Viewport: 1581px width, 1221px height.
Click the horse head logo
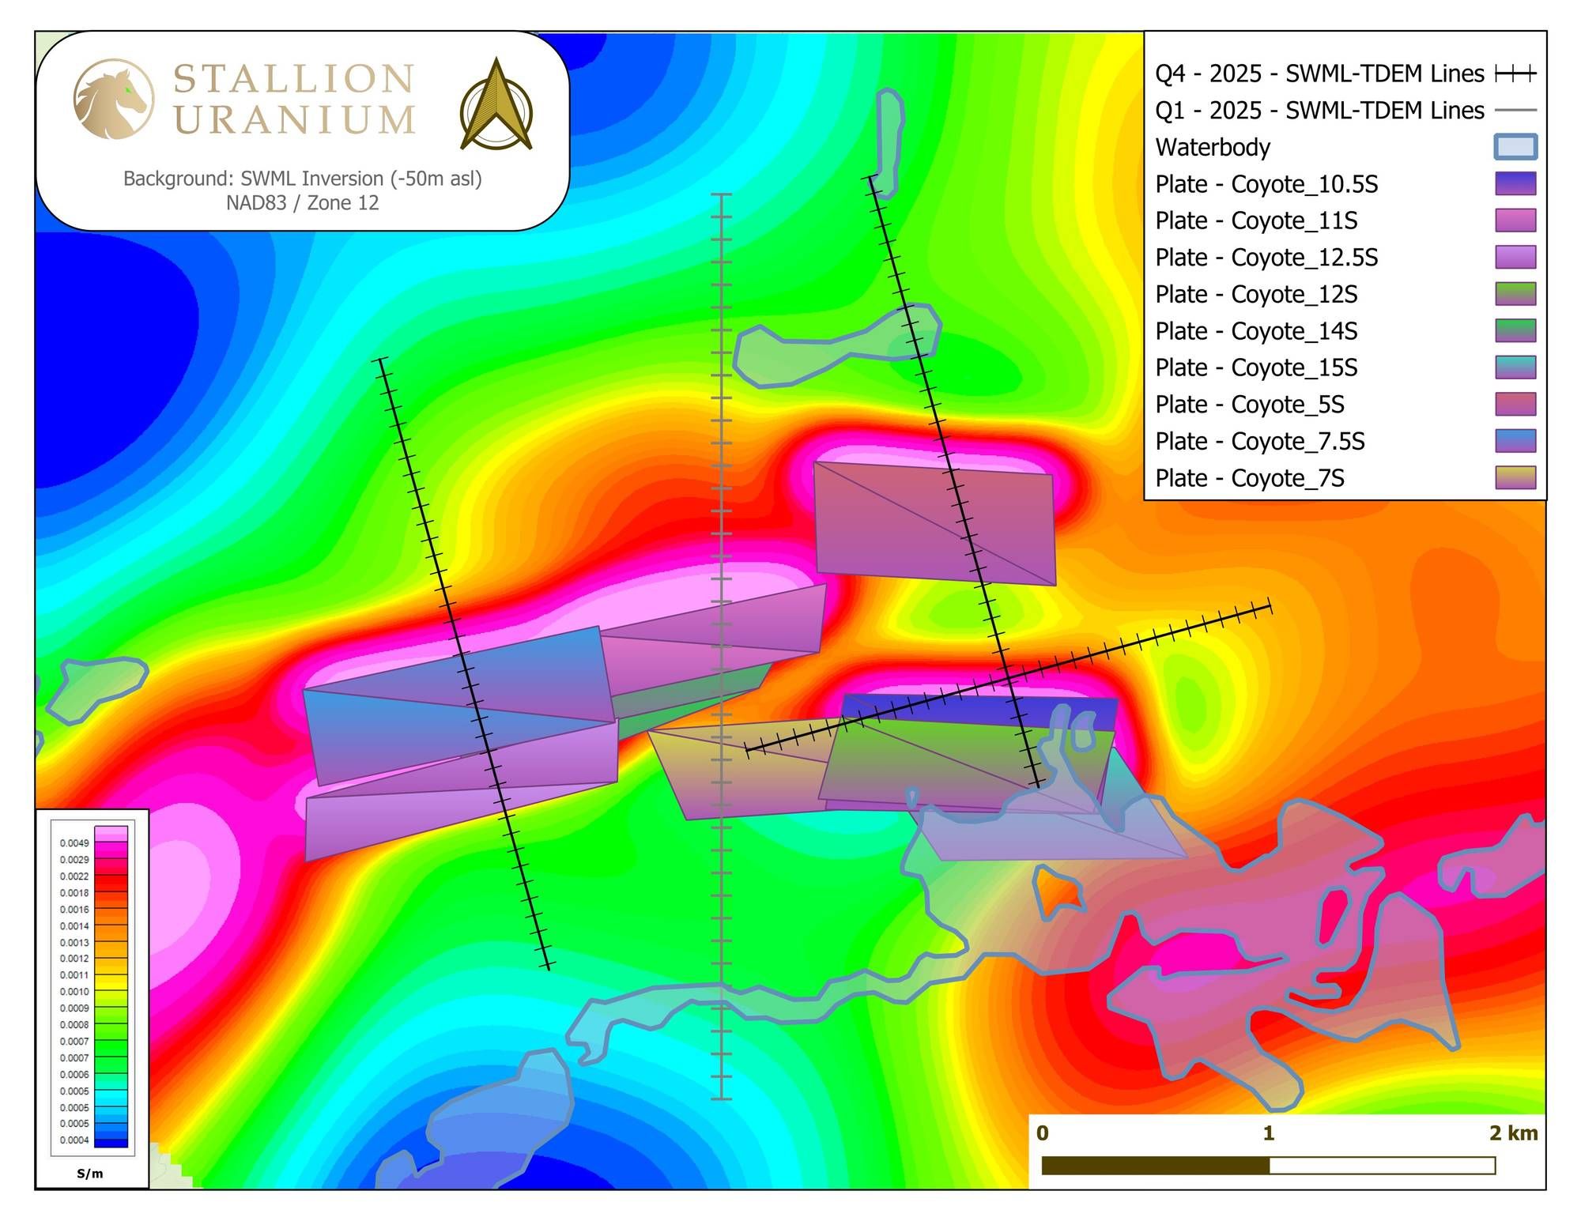[x=113, y=99]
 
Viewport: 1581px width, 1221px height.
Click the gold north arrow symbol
[x=496, y=105]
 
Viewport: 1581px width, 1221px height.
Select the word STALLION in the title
[x=293, y=79]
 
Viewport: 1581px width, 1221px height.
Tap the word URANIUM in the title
[x=294, y=121]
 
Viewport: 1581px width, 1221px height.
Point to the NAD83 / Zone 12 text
[x=302, y=203]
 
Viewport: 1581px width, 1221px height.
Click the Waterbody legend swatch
[x=1515, y=147]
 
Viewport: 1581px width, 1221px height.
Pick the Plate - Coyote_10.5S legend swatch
[x=1515, y=184]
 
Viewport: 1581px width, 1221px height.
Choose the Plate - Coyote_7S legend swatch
[x=1515, y=478]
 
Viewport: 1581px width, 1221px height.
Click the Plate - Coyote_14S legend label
[x=1256, y=331]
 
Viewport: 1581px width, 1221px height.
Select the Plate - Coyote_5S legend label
[x=1249, y=405]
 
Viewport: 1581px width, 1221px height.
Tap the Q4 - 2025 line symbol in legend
[x=1515, y=74]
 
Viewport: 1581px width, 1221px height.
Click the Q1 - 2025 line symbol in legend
[x=1515, y=111]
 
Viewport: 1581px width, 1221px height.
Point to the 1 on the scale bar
[x=1269, y=1133]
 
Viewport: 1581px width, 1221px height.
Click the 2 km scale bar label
[x=1513, y=1133]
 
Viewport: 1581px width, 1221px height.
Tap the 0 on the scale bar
[x=1043, y=1133]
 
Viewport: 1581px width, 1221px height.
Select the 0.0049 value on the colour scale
[x=74, y=843]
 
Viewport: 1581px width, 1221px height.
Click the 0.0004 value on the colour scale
[x=74, y=1140]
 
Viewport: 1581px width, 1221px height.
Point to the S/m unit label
[x=90, y=1174]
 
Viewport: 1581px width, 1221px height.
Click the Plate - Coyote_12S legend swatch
[x=1515, y=294]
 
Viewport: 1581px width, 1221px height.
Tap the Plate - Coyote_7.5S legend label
[x=1259, y=442]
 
